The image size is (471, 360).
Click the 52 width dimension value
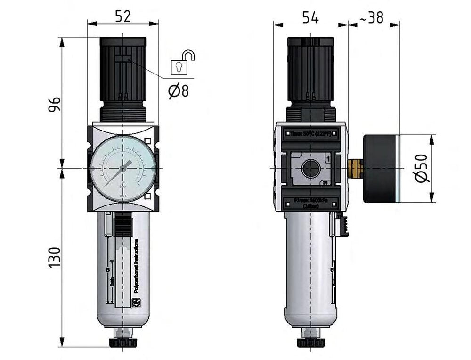click(x=122, y=16)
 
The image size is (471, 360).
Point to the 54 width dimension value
click(x=310, y=17)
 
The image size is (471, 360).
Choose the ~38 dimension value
click(x=372, y=17)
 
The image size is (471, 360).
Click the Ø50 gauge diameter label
click(x=422, y=168)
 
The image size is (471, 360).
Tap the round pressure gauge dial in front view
click(x=123, y=167)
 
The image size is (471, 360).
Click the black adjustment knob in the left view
click(x=123, y=68)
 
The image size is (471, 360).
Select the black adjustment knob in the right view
click(x=310, y=68)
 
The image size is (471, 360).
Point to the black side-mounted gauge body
click(x=381, y=168)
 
